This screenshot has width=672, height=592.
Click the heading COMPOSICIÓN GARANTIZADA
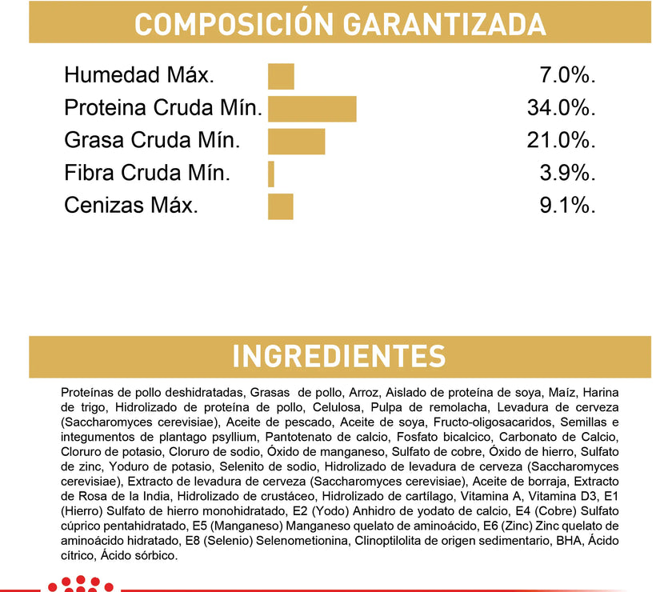coord(339,23)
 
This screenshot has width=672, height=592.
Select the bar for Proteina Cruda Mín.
coord(312,109)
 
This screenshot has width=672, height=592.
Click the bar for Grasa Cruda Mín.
coord(296,141)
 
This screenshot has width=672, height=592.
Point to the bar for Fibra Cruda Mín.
coord(271,174)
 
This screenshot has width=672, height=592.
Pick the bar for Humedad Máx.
coord(281,76)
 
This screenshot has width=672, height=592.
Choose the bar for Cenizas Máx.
coord(281,206)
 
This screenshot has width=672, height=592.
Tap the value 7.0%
coord(569,76)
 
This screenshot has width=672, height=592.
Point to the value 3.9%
coord(569,174)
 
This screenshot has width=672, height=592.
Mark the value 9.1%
coord(569,206)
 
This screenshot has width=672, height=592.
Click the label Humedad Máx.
coord(139,76)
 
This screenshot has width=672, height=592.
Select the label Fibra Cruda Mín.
coord(147,174)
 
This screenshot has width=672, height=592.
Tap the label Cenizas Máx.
coord(130,206)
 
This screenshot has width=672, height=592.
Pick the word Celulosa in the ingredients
coord(314,407)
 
